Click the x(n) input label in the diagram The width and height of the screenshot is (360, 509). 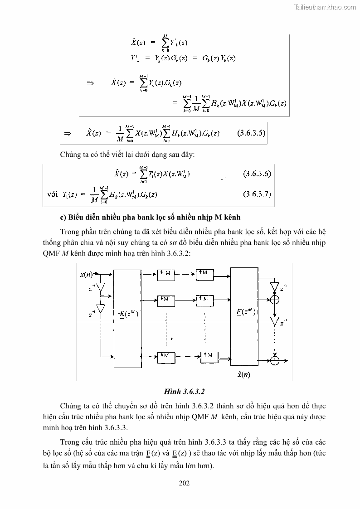(86, 275)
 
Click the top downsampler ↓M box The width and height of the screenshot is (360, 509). (166, 273)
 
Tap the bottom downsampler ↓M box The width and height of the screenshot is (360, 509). (166, 355)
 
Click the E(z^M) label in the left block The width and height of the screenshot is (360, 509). (128, 314)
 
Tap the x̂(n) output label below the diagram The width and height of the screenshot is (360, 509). (243, 374)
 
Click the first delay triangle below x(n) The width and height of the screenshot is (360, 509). (101, 287)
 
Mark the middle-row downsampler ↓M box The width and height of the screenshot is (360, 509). (166, 300)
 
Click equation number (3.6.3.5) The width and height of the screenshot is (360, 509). (251, 133)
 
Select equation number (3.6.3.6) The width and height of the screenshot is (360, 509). (257, 174)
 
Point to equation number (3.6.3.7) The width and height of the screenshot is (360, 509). (257, 194)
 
